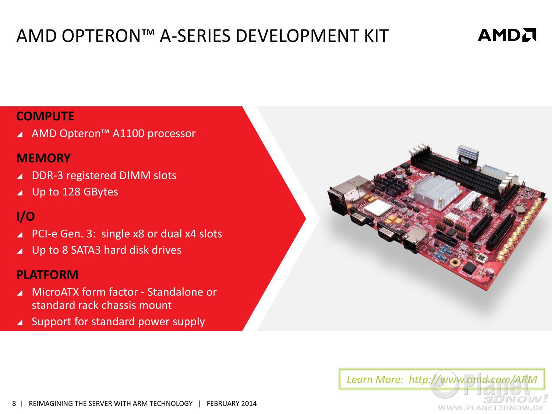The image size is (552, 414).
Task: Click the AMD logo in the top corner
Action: pyautogui.click(x=507, y=35)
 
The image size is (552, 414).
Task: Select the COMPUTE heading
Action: pyautogui.click(x=45, y=116)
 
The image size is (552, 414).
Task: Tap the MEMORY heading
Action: pyautogui.click(x=43, y=158)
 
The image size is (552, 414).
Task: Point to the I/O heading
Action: pyautogui.click(x=26, y=216)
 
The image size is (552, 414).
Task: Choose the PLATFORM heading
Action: pyautogui.click(x=47, y=275)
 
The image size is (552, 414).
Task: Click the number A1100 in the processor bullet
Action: pyautogui.click(x=128, y=134)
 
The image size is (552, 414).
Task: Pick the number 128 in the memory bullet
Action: pyautogui.click(x=71, y=192)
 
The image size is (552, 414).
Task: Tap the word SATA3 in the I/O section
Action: pyautogui.click(x=86, y=250)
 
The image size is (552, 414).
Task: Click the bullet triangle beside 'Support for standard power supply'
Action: pyautogui.click(x=20, y=322)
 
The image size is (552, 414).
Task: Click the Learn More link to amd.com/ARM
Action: pyautogui.click(x=442, y=379)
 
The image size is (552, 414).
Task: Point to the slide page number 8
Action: pyautogui.click(x=14, y=404)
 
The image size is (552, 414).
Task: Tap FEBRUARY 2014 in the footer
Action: pyautogui.click(x=231, y=404)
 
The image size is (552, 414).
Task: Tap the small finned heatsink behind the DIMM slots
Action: pyautogui.click(x=467, y=153)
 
